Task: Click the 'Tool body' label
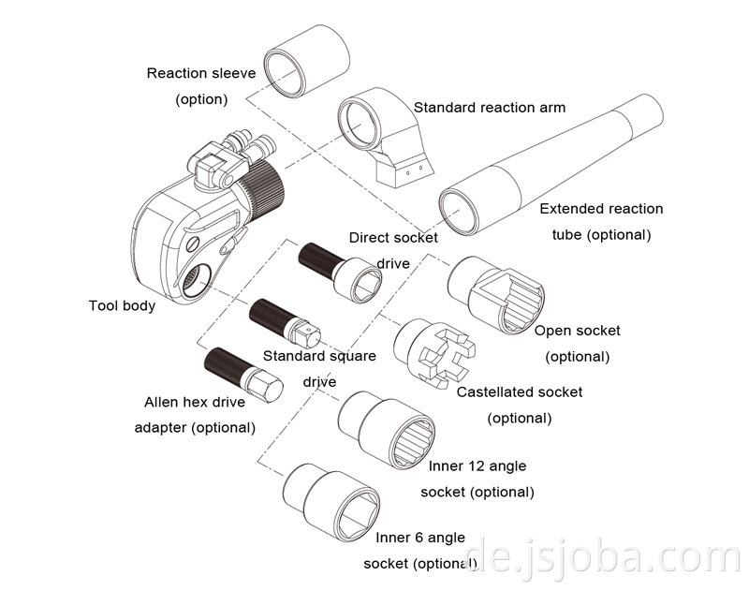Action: coord(122,305)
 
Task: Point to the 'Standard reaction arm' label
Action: coord(490,108)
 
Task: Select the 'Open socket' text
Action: coord(577,331)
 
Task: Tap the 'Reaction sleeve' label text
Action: coord(201,73)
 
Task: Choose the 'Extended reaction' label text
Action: coord(601,209)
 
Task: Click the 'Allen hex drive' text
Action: coord(194,402)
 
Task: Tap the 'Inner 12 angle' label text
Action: coord(477,465)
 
